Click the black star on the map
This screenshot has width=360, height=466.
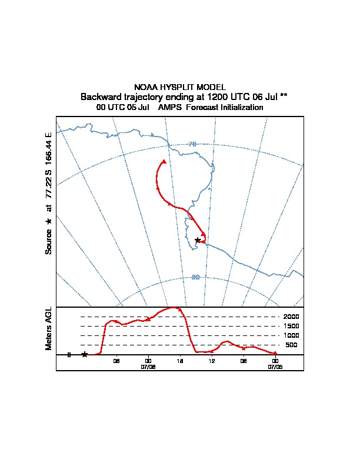198,240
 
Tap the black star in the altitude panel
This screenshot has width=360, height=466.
85,354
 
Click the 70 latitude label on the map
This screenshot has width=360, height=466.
192,144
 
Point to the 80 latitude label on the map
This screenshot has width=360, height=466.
195,277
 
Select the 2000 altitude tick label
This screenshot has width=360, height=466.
291,317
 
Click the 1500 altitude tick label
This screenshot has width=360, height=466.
291,326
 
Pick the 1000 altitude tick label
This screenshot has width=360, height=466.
291,335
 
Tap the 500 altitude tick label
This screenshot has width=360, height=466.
291,345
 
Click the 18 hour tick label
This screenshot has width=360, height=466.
180,361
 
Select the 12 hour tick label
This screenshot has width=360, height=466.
212,361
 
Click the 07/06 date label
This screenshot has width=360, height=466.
148,367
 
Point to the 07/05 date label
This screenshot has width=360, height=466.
275,367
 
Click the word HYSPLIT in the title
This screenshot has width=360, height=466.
177,87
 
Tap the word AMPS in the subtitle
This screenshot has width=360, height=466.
169,107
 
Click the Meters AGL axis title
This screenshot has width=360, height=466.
48,329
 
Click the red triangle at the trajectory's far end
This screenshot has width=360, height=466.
164,162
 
